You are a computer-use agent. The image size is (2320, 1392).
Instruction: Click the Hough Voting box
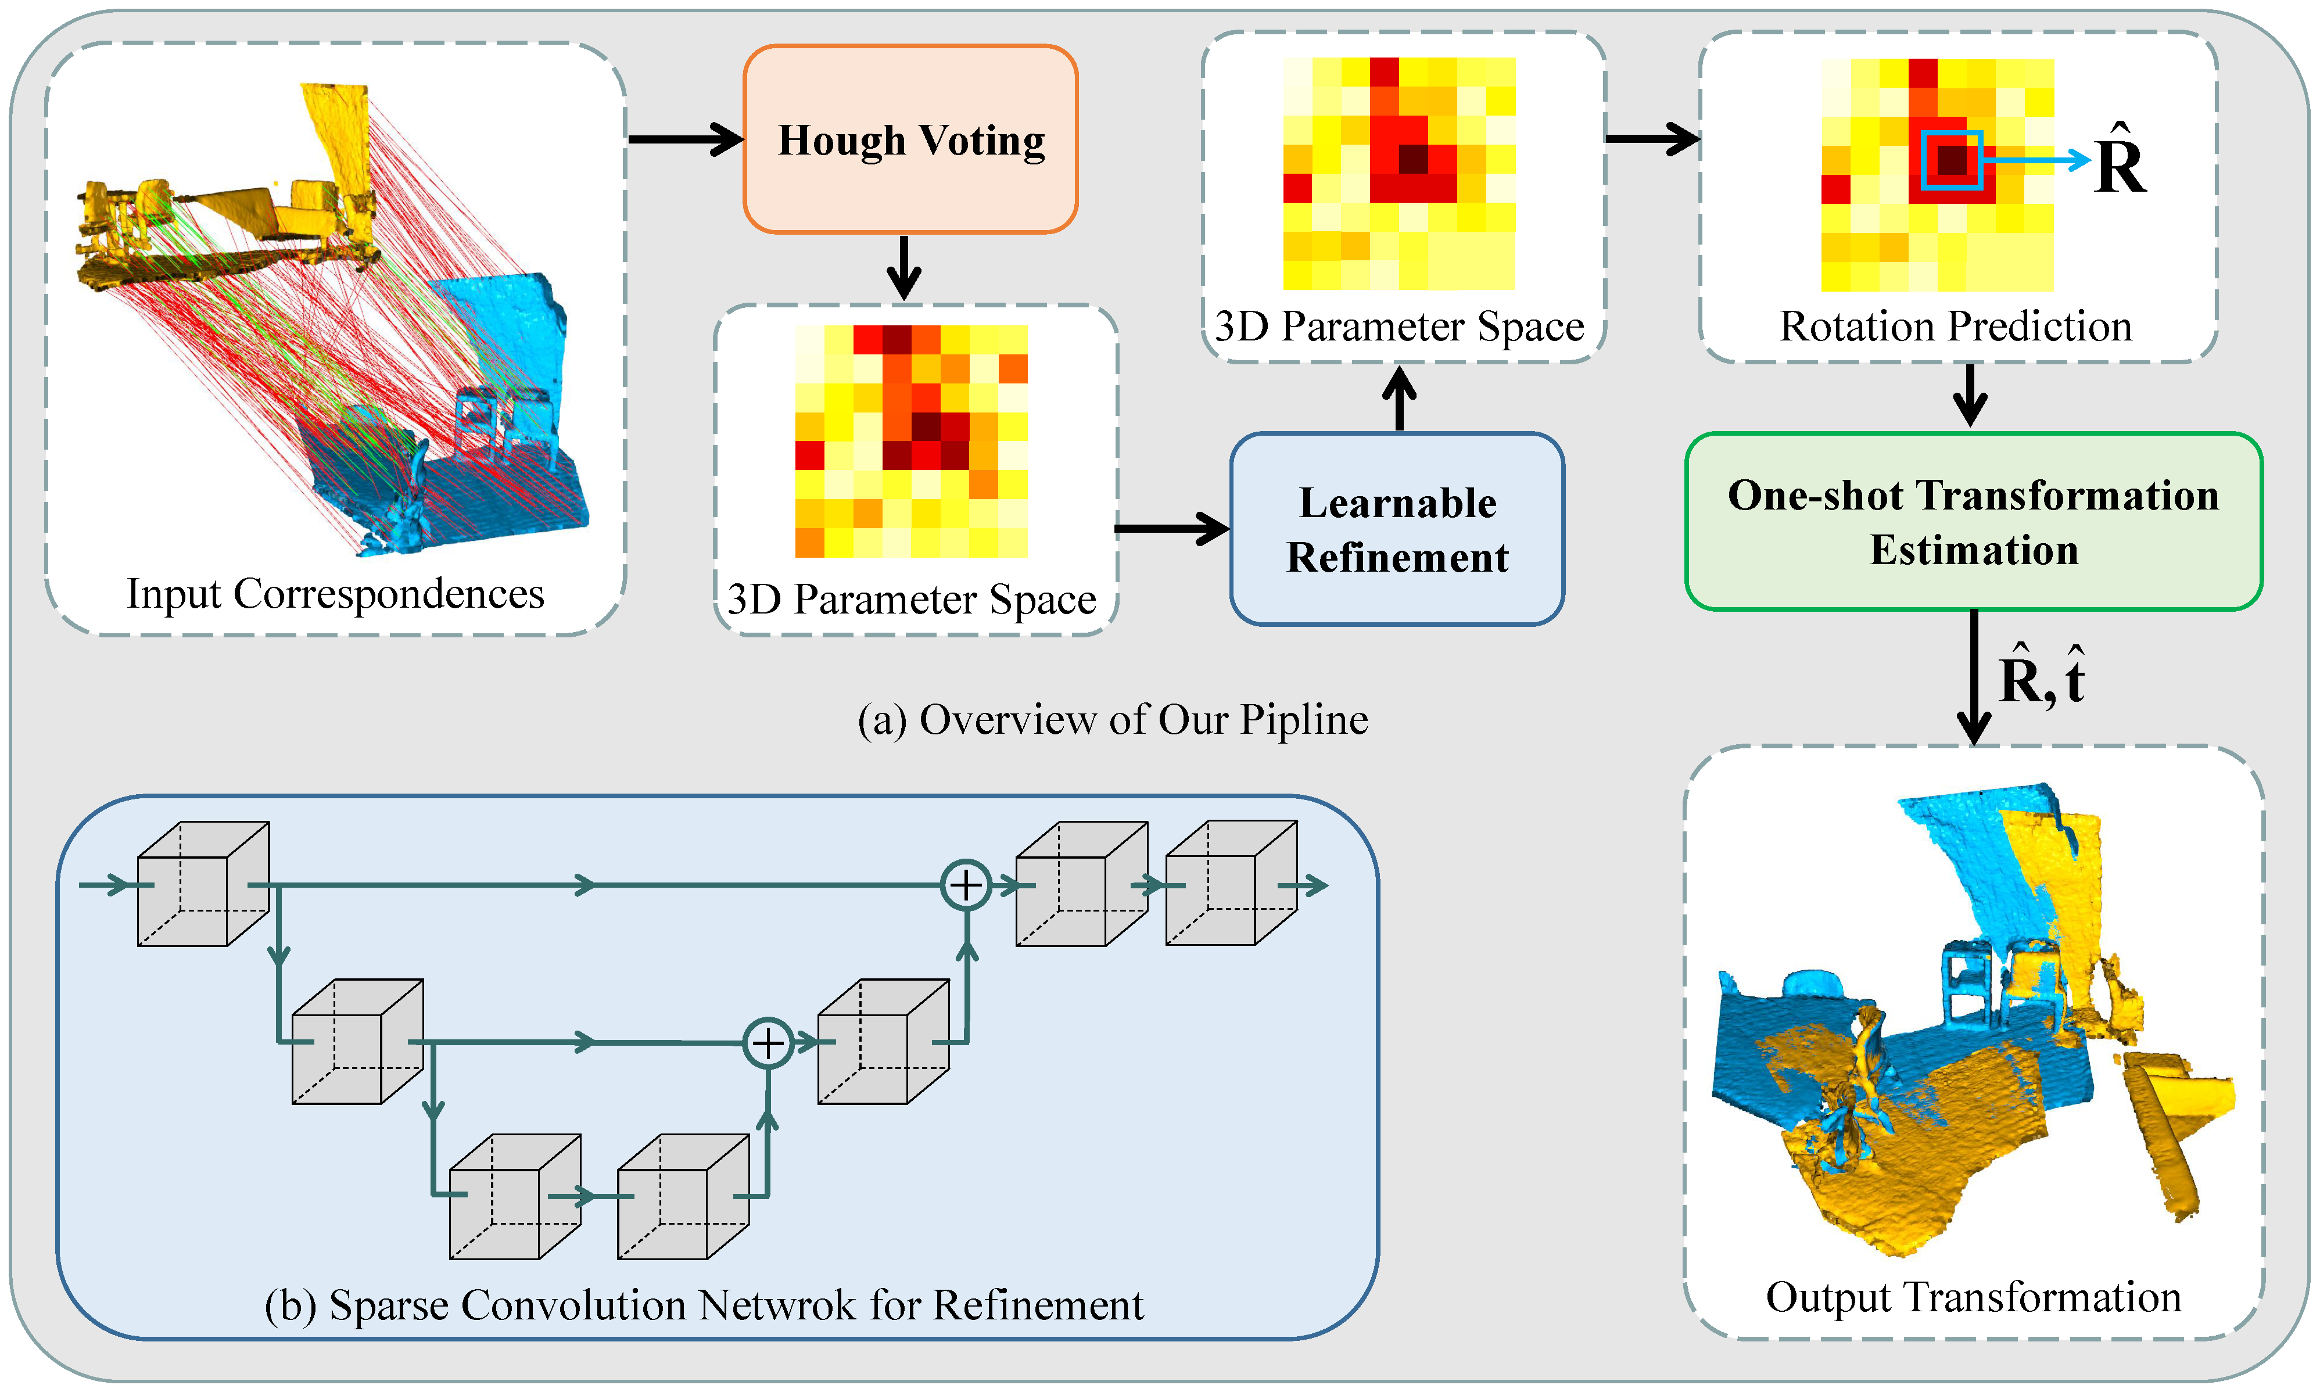point(910,139)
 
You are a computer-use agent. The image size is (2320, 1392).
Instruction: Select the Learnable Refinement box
point(1397,529)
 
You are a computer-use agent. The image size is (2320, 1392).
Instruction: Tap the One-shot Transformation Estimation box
point(1973,522)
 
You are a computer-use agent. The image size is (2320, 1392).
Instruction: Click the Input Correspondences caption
point(335,594)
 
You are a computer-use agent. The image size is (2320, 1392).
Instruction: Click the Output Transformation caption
point(1973,1297)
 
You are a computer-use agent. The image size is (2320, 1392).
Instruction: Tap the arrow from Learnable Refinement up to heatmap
point(1400,399)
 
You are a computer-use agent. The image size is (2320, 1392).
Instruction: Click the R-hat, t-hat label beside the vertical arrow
point(2041,677)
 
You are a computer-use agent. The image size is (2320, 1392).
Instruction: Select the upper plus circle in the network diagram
point(966,885)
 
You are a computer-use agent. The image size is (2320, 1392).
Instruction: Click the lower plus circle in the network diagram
point(768,1042)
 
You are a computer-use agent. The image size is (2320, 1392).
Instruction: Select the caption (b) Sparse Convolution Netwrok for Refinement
point(704,1305)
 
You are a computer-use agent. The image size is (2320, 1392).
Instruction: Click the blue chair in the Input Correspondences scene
point(478,422)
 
